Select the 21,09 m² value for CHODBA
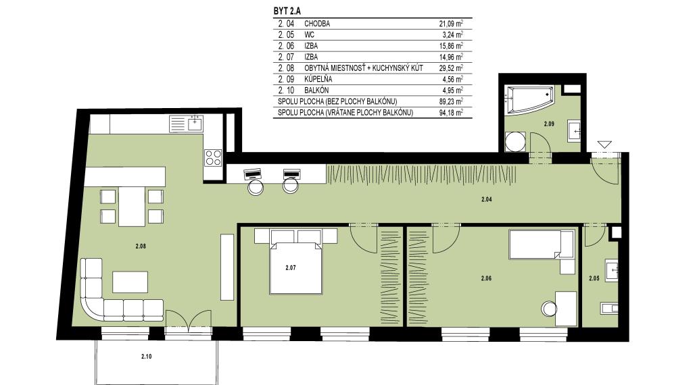[451, 24]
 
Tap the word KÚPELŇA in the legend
[318, 79]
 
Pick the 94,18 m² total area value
[451, 113]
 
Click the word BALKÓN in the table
[316, 91]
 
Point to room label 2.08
[141, 247]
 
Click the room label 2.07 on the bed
[290, 267]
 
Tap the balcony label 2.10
[146, 356]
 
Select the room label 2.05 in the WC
[594, 278]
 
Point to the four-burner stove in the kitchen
[213, 157]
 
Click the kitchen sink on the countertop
[195, 123]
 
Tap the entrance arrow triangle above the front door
[604, 145]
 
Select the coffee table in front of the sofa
[130, 282]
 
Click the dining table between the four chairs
[132, 207]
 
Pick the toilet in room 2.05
[609, 307]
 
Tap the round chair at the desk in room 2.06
[549, 309]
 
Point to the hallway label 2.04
[486, 199]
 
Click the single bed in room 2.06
[542, 244]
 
